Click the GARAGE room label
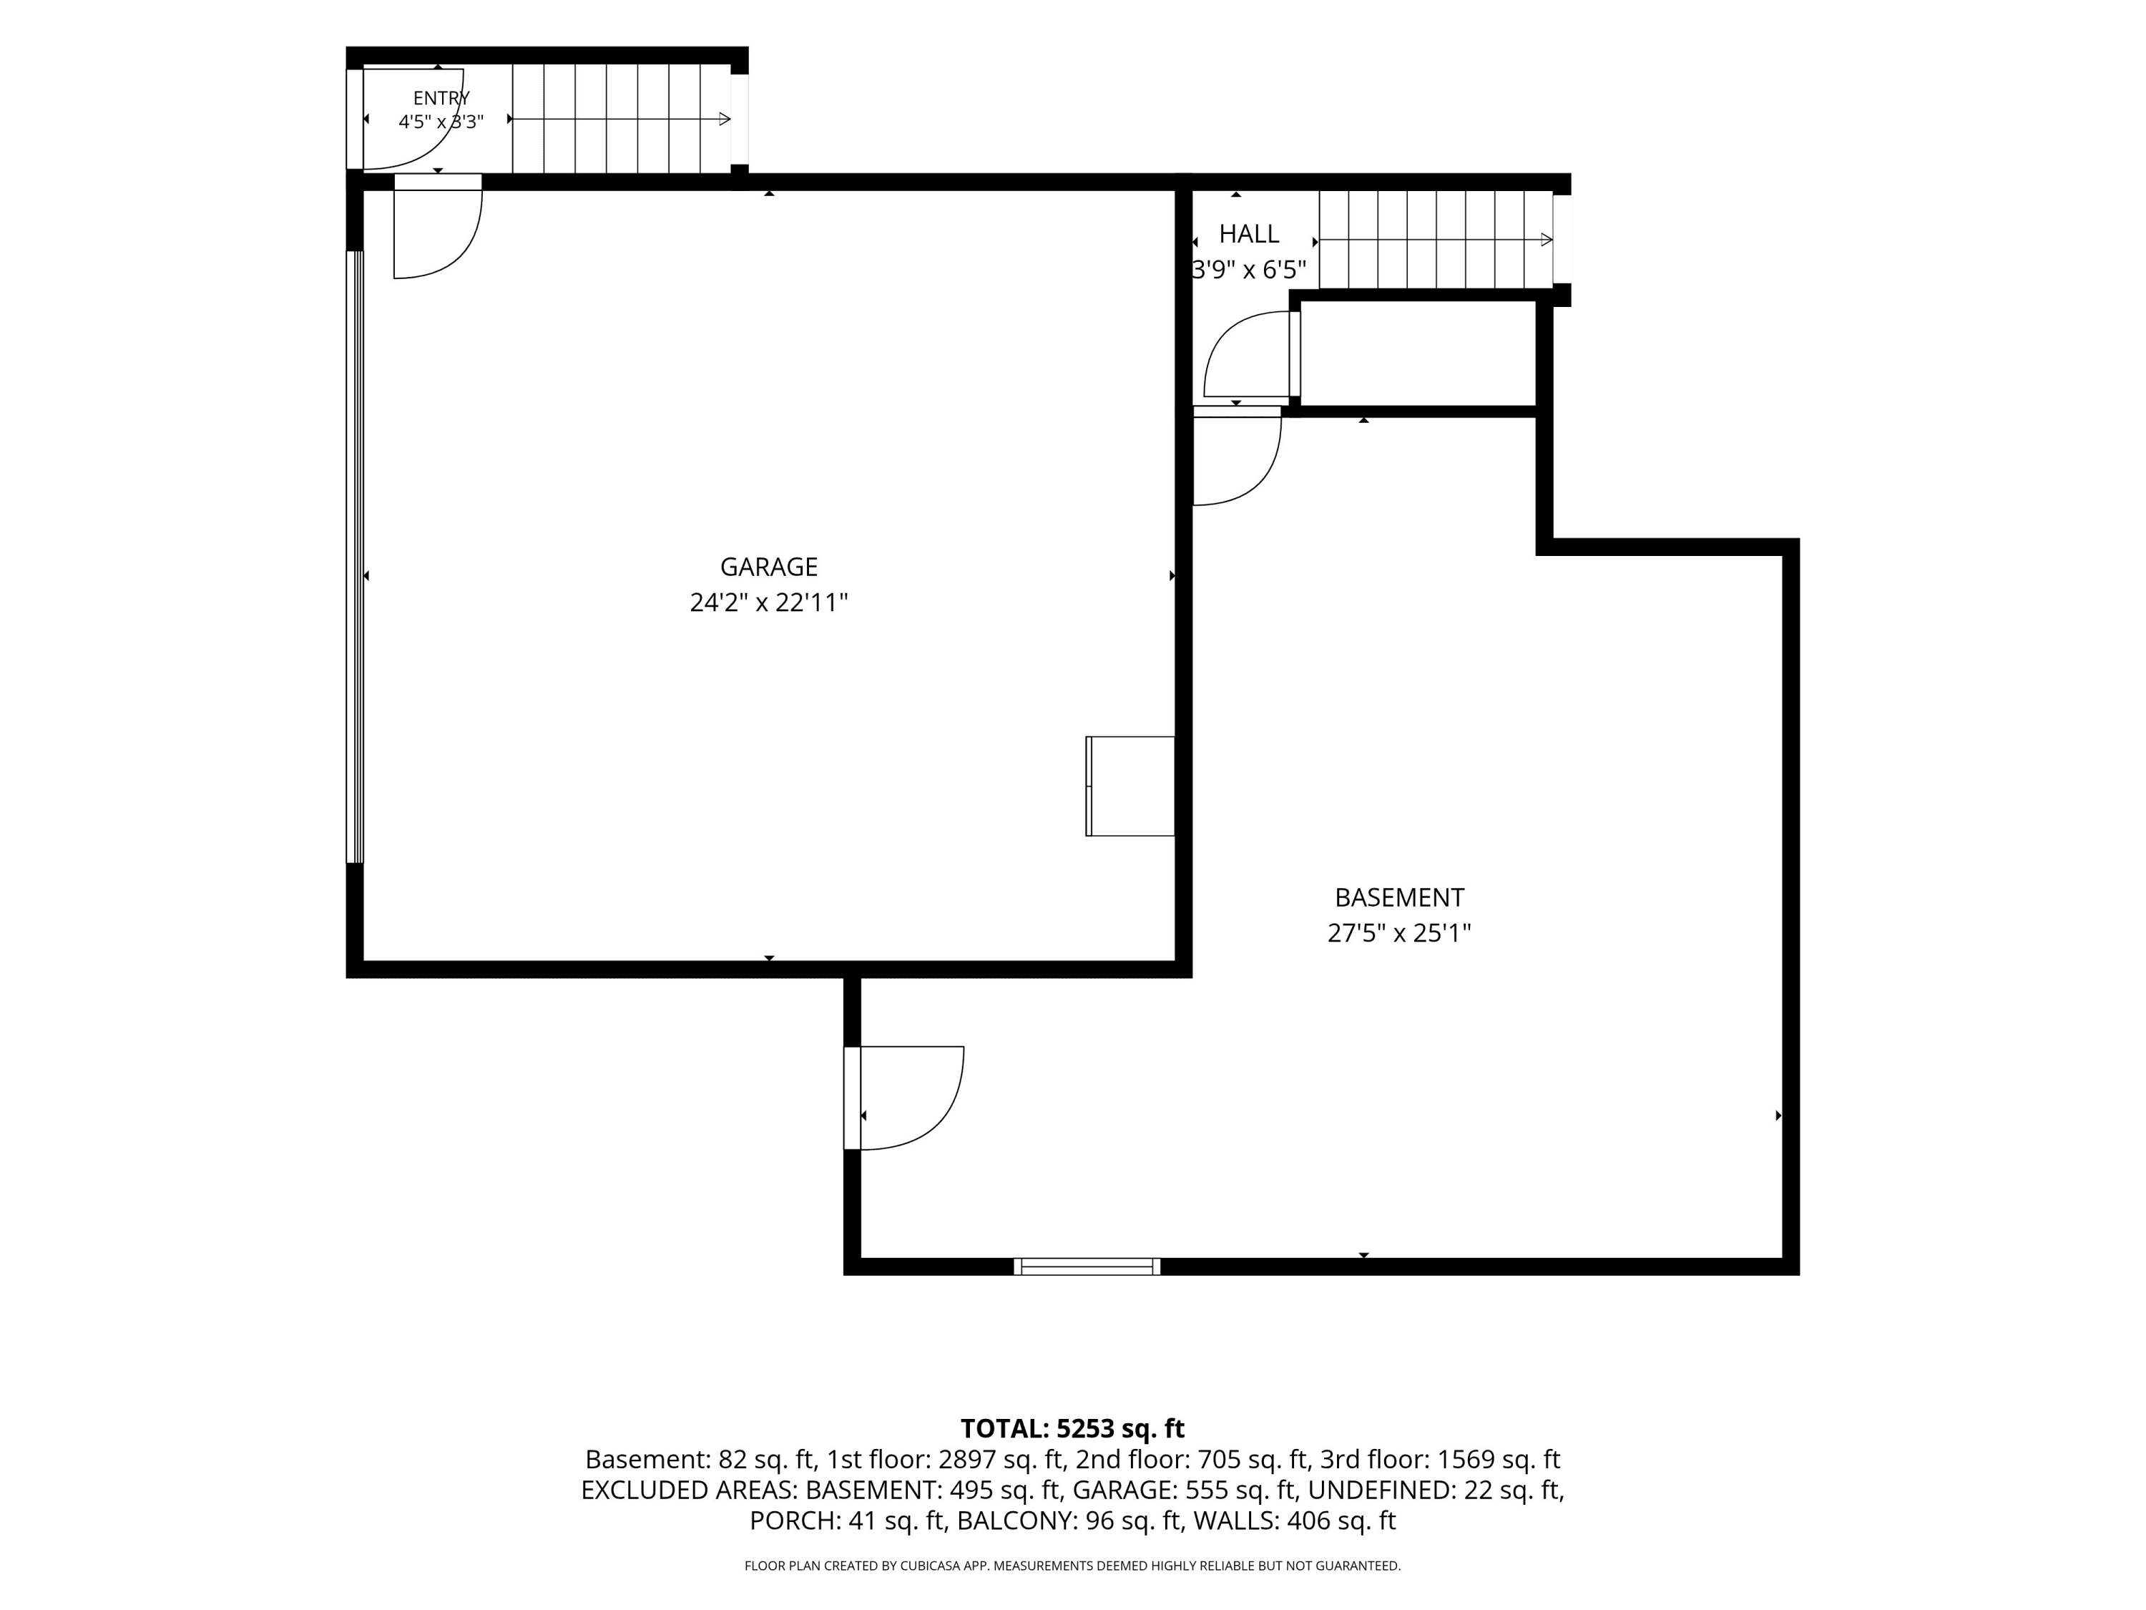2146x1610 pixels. (768, 567)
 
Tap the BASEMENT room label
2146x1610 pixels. (1399, 898)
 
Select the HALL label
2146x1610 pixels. (1248, 234)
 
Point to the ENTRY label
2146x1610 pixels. (441, 98)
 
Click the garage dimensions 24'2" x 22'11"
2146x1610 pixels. (768, 602)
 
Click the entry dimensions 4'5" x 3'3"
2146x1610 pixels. (441, 122)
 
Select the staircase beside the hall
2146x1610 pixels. (1436, 240)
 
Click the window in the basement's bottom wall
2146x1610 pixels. (1087, 1267)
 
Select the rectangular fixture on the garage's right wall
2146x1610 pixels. (1130, 786)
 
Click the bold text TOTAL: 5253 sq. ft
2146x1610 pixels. (1072, 1428)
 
